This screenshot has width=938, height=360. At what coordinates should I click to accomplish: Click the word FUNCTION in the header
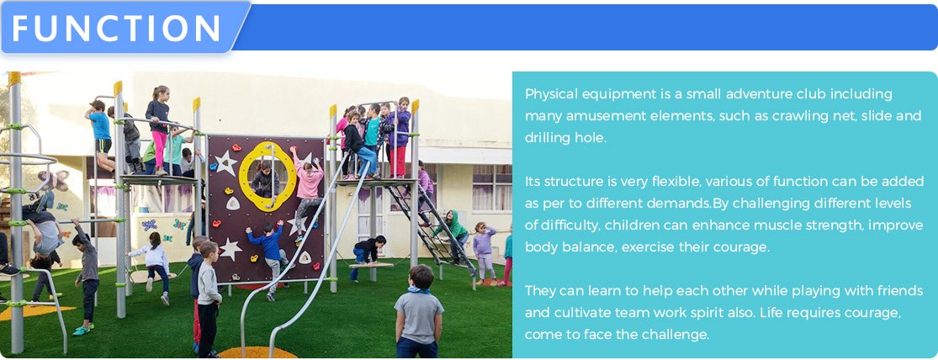point(117,28)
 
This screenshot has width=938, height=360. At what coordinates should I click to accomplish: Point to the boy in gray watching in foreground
point(419,311)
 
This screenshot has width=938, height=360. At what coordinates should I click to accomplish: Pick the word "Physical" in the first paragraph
point(549,94)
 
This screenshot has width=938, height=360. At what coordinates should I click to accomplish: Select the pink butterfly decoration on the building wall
point(53,180)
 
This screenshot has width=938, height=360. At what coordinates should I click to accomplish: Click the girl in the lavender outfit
point(483,248)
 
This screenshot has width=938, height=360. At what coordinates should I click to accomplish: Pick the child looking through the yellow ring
point(265,178)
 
